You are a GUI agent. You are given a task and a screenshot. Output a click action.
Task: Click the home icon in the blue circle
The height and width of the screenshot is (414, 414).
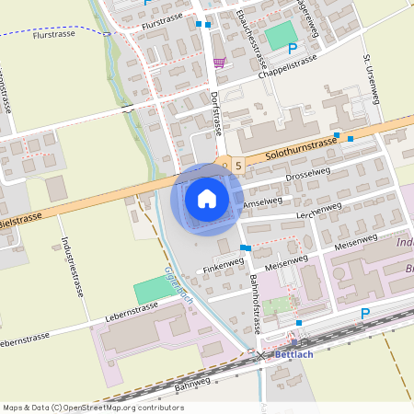tap(207, 198)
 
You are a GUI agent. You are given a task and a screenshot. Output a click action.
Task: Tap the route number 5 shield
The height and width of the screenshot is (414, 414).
tap(238, 166)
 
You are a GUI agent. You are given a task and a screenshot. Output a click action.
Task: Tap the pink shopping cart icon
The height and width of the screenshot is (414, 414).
tap(219, 63)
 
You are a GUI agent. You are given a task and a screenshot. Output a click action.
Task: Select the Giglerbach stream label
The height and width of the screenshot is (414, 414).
tap(178, 285)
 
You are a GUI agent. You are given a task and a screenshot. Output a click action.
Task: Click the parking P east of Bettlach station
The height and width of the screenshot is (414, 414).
tap(365, 314)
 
